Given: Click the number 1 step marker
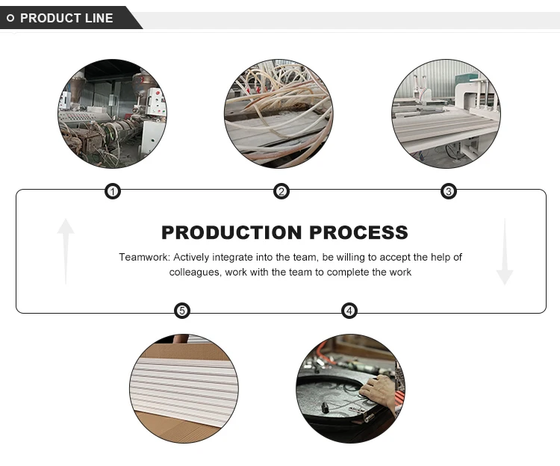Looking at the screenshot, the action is point(112,192).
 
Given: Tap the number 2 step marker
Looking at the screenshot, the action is point(281,192).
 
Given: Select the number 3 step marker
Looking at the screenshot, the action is point(449,192).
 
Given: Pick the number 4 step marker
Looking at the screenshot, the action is point(349,311).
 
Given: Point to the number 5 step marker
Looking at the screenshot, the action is point(181,311).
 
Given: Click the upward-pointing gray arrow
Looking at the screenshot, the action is point(66,250).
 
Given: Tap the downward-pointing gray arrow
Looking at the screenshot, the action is point(505,252).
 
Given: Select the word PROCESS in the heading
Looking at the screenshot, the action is point(364,232).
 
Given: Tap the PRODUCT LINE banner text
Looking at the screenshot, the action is point(66,18).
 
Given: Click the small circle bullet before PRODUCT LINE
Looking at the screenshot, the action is point(10,18).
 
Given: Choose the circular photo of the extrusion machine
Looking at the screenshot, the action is point(112,114).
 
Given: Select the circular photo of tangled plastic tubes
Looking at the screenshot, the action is point(279,114).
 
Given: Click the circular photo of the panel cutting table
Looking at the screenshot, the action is point(447,114).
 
